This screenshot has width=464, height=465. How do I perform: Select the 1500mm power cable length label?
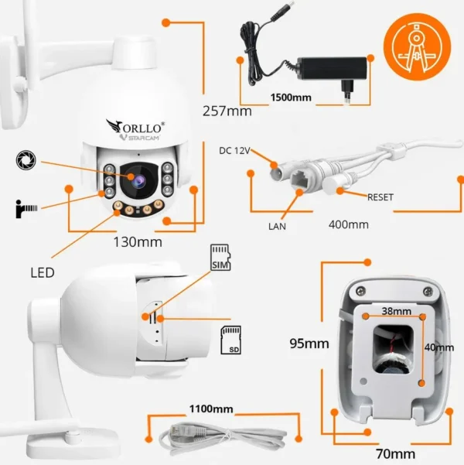click(x=291, y=98)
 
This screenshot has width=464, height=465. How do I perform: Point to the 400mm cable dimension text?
click(x=347, y=224)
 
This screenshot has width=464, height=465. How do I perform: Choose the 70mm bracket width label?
click(x=395, y=453)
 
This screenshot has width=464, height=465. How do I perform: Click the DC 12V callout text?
click(x=234, y=151)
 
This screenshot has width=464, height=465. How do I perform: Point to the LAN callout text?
click(x=278, y=226)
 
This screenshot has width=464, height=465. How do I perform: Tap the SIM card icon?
click(x=222, y=258)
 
